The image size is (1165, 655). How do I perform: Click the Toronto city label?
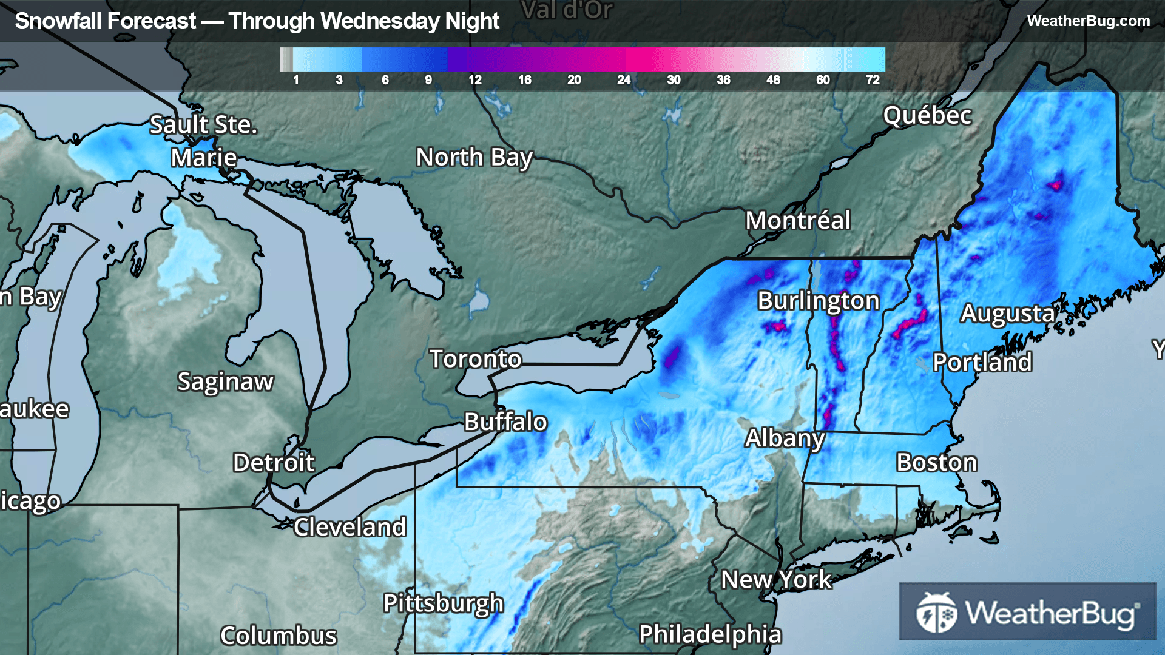pyautogui.click(x=475, y=359)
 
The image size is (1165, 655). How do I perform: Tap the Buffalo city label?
pyautogui.click(x=505, y=422)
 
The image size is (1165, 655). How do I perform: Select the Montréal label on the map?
pyautogui.click(x=798, y=220)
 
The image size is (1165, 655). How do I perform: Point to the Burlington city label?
pyautogui.click(x=818, y=300)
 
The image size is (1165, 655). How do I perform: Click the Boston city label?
pyautogui.click(x=937, y=462)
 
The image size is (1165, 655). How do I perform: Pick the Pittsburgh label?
pyautogui.click(x=444, y=603)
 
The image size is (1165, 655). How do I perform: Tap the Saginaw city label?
pyautogui.click(x=225, y=381)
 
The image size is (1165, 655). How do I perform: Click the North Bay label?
pyautogui.click(x=474, y=157)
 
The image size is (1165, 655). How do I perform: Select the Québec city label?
pyautogui.click(x=927, y=115)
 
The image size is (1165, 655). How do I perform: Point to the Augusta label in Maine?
pyautogui.click(x=1007, y=313)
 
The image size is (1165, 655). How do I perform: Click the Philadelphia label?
pyautogui.click(x=710, y=634)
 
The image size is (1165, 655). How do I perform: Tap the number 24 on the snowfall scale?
pyautogui.click(x=624, y=80)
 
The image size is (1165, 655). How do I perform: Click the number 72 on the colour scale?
pyautogui.click(x=873, y=80)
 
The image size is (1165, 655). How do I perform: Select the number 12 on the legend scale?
pyautogui.click(x=474, y=80)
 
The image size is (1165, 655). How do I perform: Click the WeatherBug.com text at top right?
pyautogui.click(x=1088, y=21)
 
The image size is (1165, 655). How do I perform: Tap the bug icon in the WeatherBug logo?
pyautogui.click(x=936, y=613)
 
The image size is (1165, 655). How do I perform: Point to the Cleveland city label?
pyautogui.click(x=349, y=527)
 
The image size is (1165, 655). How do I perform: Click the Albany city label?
pyautogui.click(x=785, y=438)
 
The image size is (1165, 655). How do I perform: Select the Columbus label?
pyautogui.click(x=278, y=636)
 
